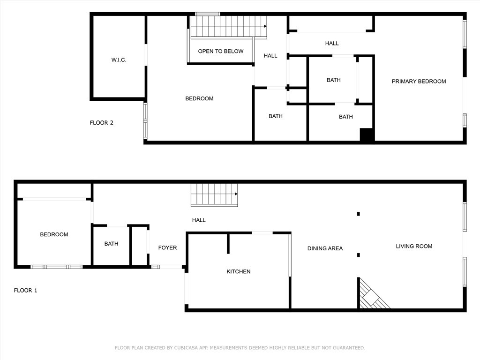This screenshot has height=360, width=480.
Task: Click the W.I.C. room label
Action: pyautogui.click(x=119, y=60)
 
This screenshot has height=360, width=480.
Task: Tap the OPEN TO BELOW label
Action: pyautogui.click(x=221, y=51)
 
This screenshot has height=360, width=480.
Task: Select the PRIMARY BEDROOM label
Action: pyautogui.click(x=419, y=82)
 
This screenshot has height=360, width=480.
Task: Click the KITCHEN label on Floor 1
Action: pyautogui.click(x=239, y=271)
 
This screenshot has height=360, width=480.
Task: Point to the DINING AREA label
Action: pyautogui.click(x=325, y=248)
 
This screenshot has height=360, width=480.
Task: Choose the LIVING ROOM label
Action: pyautogui.click(x=414, y=247)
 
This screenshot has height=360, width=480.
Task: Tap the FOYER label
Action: pyautogui.click(x=167, y=247)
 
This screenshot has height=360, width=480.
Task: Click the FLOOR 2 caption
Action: pyautogui.click(x=101, y=123)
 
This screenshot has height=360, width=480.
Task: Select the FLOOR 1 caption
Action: pyautogui.click(x=25, y=291)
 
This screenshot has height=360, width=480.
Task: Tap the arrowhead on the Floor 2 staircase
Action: pyautogui.click(x=265, y=26)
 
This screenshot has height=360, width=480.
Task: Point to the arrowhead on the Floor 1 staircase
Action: pyautogui.click(x=236, y=194)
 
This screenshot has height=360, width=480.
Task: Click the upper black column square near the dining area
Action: pyautogui.click(x=359, y=214)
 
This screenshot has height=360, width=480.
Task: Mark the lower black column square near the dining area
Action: pyautogui.click(x=359, y=255)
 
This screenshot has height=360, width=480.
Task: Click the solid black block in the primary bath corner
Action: pyautogui.click(x=366, y=135)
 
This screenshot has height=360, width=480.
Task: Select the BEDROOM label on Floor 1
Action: pyautogui.click(x=54, y=234)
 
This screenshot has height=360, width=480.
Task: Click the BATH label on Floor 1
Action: pyautogui.click(x=111, y=244)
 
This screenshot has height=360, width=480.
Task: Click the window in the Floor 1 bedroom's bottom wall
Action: pyautogui.click(x=57, y=267)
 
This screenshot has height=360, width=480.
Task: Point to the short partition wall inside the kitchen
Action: pyautogui.click(x=228, y=243)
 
